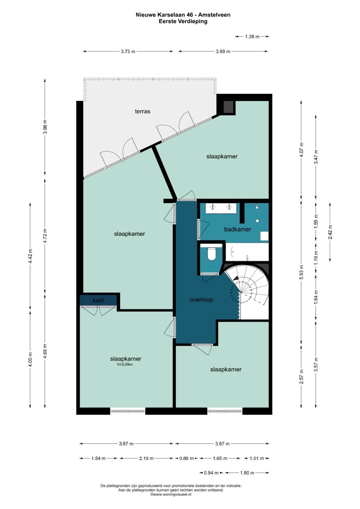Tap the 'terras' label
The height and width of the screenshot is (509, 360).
[x=143, y=111]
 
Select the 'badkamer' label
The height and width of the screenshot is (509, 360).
[x=237, y=229]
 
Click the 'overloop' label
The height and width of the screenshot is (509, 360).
[x=201, y=300]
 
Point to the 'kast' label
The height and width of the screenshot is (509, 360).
[x=98, y=300]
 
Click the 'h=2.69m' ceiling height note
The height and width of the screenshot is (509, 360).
[x=125, y=364]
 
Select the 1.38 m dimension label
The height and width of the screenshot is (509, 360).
[x=252, y=36]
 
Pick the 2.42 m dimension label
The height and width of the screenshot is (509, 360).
[x=330, y=232]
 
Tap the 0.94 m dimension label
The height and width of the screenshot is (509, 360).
[x=211, y=473]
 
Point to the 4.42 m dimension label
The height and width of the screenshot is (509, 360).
[x=30, y=256]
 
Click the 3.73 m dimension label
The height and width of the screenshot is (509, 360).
[x=128, y=51]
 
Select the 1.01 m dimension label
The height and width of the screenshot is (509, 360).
[x=257, y=458]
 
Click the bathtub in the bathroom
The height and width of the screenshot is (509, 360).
[x=247, y=252]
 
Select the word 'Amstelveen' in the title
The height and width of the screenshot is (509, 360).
[x=214, y=15]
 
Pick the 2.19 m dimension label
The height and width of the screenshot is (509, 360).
[x=146, y=458]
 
